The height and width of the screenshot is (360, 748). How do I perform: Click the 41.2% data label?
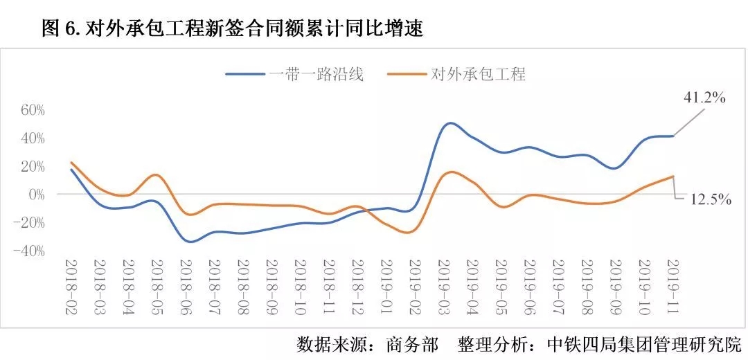coord(704,98)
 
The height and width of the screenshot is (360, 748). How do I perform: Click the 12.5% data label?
coord(711,199)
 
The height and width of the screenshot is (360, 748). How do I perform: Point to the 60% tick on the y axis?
coord(32,109)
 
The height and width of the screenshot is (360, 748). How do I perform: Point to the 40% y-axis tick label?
coord(32,138)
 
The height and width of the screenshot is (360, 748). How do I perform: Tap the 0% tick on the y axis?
coord(36,195)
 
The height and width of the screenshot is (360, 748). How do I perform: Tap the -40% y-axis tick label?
coord(29,251)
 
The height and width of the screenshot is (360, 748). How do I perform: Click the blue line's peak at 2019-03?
coord(449,123)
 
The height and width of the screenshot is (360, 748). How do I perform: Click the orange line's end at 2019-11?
coord(673,177)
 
